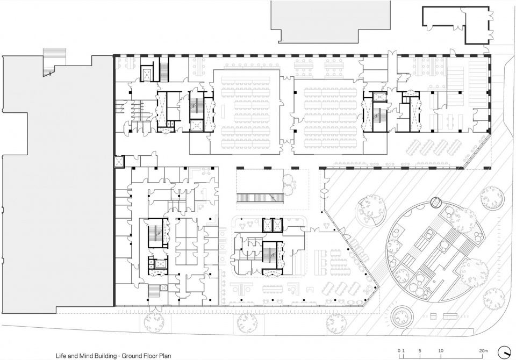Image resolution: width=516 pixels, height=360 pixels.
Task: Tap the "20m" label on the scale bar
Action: (x=483, y=351)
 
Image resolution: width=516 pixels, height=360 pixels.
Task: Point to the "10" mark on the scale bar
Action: (x=441, y=351)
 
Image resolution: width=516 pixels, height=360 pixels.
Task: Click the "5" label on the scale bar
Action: (x=420, y=351)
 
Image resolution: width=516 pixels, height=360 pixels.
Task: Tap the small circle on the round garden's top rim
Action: (x=436, y=202)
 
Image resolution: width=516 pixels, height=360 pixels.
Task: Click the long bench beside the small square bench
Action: (x=450, y=316)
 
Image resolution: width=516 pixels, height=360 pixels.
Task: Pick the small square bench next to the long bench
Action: (x=433, y=316)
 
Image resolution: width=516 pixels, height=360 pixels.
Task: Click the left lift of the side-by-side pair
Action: (x=267, y=225)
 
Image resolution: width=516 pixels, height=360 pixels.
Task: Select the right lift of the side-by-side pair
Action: (x=278, y=225)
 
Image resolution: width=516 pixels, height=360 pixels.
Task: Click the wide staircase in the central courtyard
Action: (x=260, y=198)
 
